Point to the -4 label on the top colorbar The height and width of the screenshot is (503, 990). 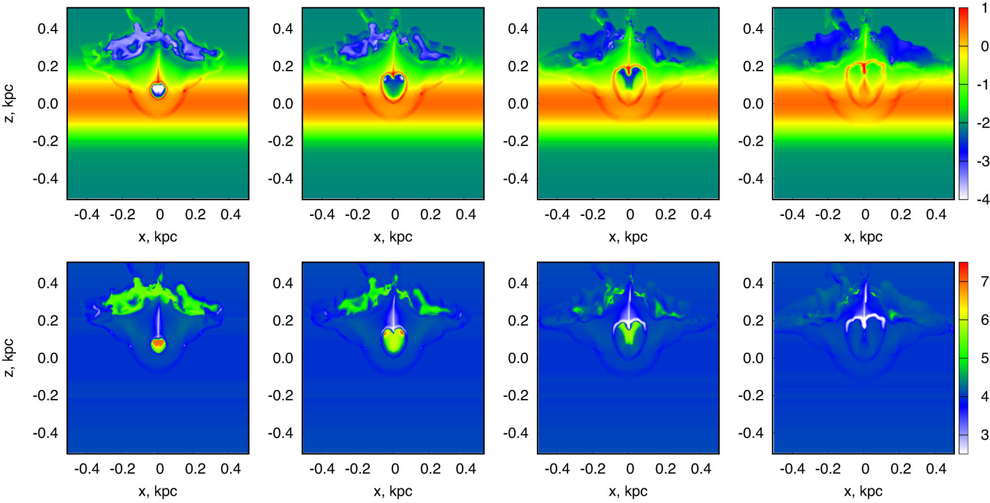tap(982, 200)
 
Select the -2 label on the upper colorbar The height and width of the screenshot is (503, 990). tap(982, 123)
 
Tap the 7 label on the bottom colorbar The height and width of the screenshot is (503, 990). tap(984, 281)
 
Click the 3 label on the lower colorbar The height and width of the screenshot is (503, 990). tap(984, 435)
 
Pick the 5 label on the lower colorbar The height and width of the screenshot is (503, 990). tap(984, 358)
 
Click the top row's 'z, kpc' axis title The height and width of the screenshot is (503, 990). tap(9, 103)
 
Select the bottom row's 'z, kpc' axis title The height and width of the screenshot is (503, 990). tap(9, 358)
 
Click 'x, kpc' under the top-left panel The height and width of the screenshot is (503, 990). tap(158, 237)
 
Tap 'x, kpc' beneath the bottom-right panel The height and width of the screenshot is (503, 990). tap(863, 491)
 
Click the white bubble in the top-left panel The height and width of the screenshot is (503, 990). tap(159, 89)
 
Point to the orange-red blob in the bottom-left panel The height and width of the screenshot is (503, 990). tap(159, 343)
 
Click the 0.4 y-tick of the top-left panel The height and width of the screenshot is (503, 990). tap(48, 28)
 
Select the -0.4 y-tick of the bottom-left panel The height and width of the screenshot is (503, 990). tap(45, 433)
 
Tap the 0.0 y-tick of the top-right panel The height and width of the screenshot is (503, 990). tap(753, 103)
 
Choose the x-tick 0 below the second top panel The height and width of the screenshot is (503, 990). tap(394, 215)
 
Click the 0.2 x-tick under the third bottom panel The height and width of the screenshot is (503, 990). tap(665, 469)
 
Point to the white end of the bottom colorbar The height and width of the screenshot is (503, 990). tap(963, 449)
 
